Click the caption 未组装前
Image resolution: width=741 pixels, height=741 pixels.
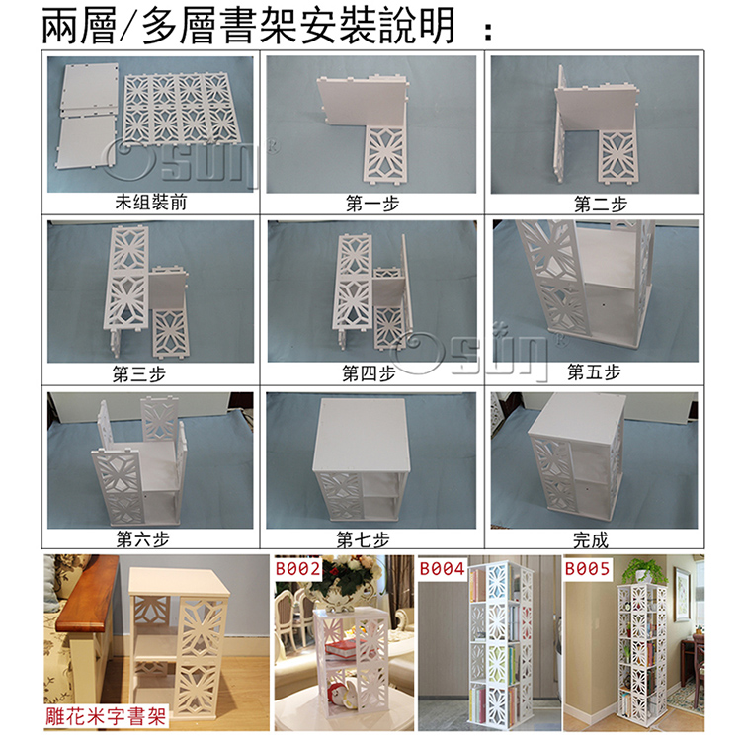tap(151, 203)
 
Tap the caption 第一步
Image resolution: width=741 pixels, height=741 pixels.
tap(372, 204)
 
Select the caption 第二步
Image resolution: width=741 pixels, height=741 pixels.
tap(600, 205)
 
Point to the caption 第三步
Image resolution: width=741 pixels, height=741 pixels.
tap(139, 373)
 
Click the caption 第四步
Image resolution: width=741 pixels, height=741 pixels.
tap(369, 373)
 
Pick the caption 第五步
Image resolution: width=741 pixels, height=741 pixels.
tap(594, 371)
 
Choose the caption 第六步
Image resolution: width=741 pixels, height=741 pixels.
tap(142, 538)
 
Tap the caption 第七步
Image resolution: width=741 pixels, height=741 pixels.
tap(363, 539)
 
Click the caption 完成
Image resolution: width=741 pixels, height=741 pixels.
tap(591, 539)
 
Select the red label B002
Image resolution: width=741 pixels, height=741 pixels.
tap(298, 568)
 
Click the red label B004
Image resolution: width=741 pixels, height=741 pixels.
tap(443, 568)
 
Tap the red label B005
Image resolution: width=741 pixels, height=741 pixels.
tap(588, 568)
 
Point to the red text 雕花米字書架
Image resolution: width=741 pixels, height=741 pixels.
tap(107, 716)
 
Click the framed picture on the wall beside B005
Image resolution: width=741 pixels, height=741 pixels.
tap(681, 594)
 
